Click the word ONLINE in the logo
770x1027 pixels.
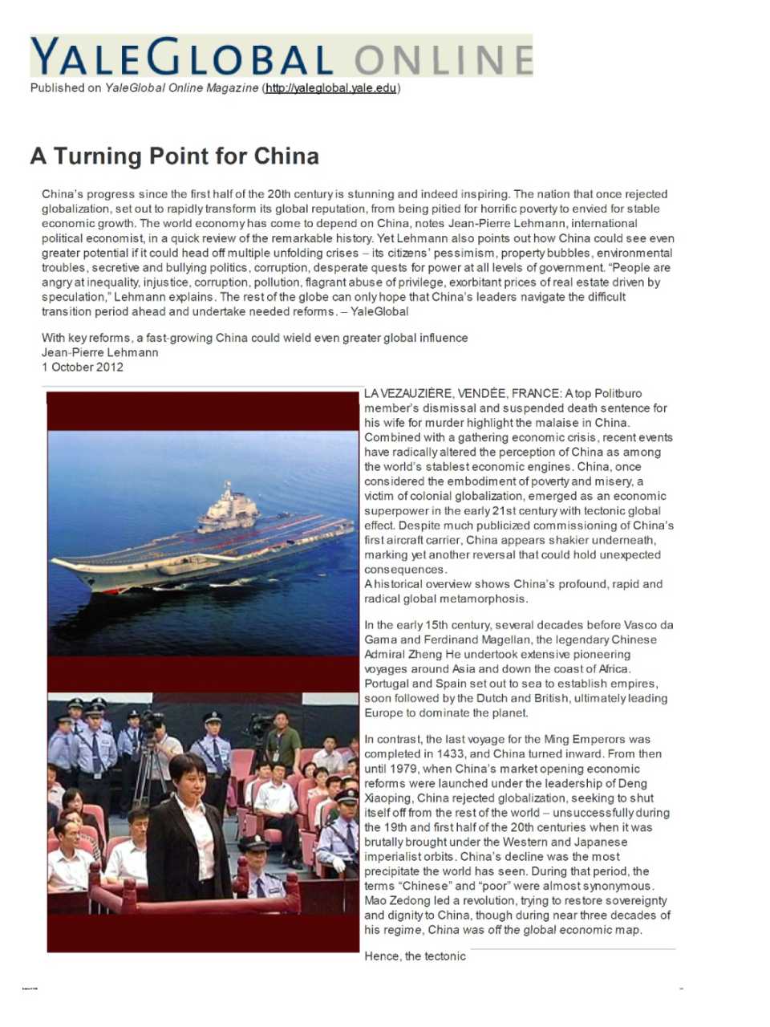click(x=443, y=60)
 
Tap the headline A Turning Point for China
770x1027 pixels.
click(x=174, y=156)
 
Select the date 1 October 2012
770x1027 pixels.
click(x=83, y=367)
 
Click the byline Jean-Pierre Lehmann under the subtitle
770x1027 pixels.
click(x=99, y=352)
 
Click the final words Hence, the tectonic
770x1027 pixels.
click(x=415, y=956)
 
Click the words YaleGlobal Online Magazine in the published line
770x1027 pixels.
click(x=181, y=88)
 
